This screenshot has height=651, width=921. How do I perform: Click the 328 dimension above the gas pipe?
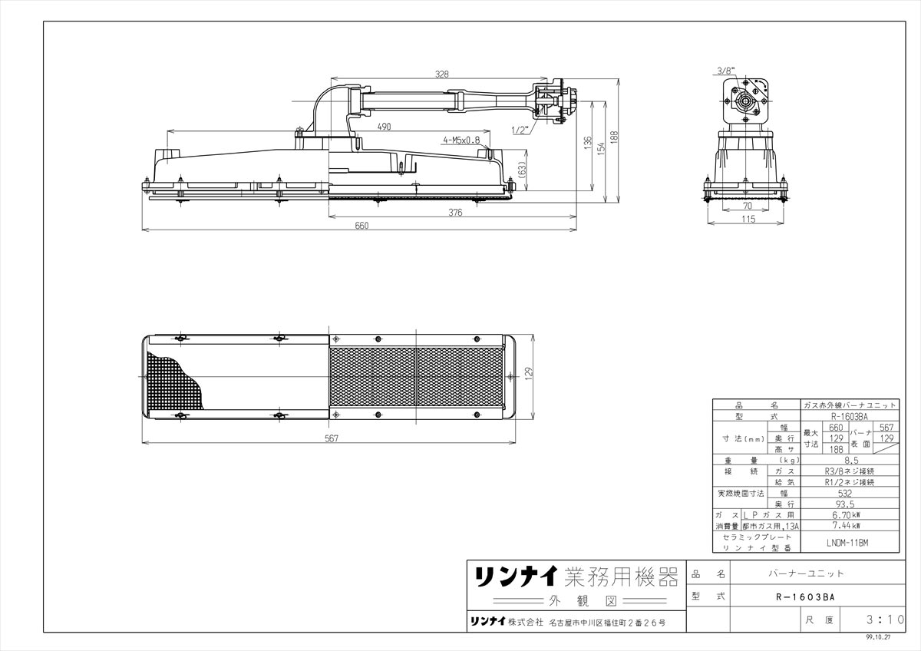coord(441,74)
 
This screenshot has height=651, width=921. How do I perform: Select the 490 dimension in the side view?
coord(384,126)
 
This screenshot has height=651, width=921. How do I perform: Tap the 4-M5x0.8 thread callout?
coord(460,140)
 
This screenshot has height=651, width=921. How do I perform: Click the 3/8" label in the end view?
coord(725,71)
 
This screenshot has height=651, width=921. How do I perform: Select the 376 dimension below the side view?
coord(455,213)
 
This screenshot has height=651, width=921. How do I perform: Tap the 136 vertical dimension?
coord(587,143)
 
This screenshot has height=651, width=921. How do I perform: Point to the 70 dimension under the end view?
coord(747,207)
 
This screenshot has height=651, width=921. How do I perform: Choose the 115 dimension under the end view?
coord(748,220)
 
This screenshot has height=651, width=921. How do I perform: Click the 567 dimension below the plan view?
coord(331,438)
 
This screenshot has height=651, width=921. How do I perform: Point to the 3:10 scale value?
coord(880,619)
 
